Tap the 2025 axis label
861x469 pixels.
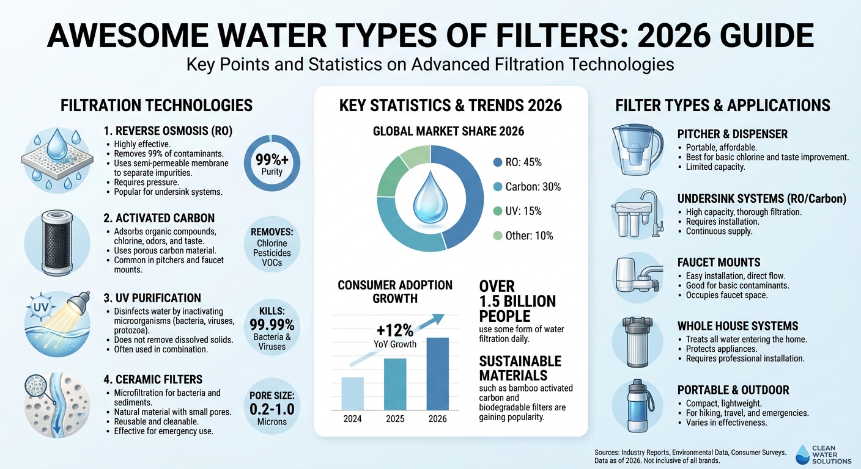click(x=394, y=419)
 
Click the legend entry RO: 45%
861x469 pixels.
click(x=518, y=162)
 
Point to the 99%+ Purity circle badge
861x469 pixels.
click(x=272, y=163)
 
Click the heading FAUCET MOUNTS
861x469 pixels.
click(x=719, y=263)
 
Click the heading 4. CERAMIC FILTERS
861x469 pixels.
click(x=153, y=379)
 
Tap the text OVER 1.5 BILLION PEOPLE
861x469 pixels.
click(x=518, y=302)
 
